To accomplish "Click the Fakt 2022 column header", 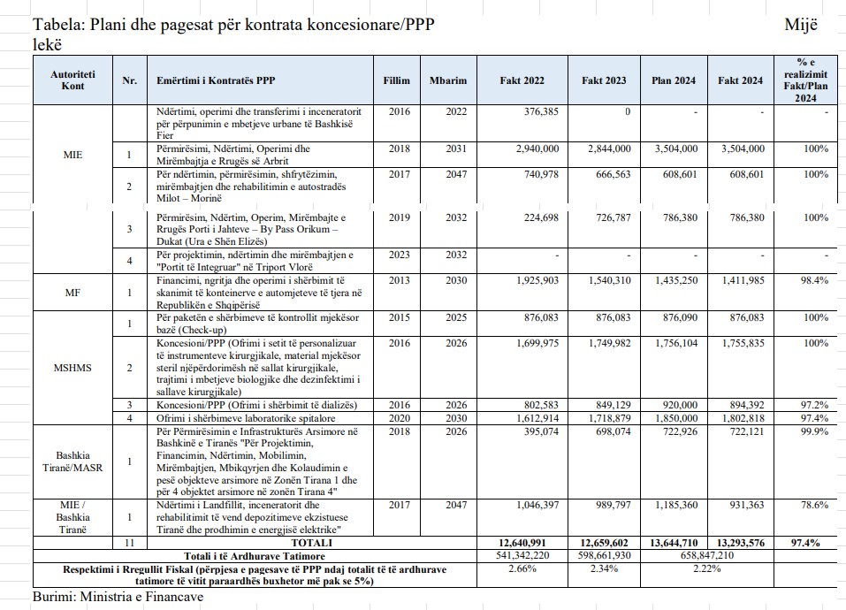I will (x=522, y=80).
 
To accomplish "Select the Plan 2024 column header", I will (x=674, y=80).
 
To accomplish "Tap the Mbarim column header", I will (x=447, y=80).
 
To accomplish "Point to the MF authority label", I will (x=72, y=292).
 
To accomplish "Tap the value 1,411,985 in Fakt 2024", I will (x=740, y=279).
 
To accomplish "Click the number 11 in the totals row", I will (x=129, y=542).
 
